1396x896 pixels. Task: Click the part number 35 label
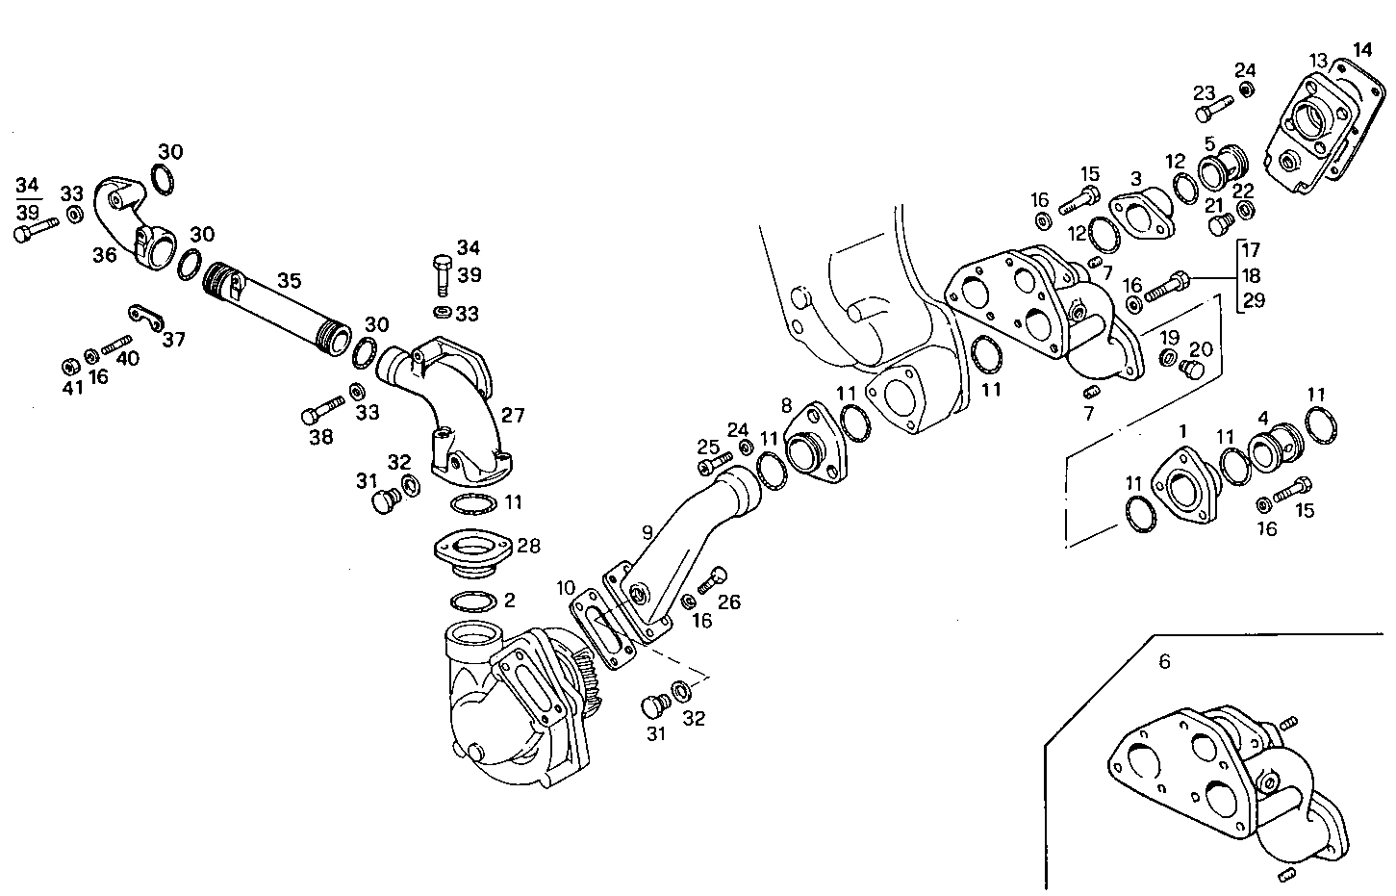click(x=290, y=281)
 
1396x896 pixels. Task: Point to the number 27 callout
click(x=513, y=416)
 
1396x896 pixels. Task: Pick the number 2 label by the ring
click(x=509, y=601)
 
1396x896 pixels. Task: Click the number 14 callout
click(x=1362, y=50)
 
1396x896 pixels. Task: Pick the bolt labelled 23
click(x=1214, y=110)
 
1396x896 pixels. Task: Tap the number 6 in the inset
click(x=1164, y=662)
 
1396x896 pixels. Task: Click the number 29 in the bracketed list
click(x=1254, y=300)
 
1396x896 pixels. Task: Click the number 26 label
click(x=729, y=602)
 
